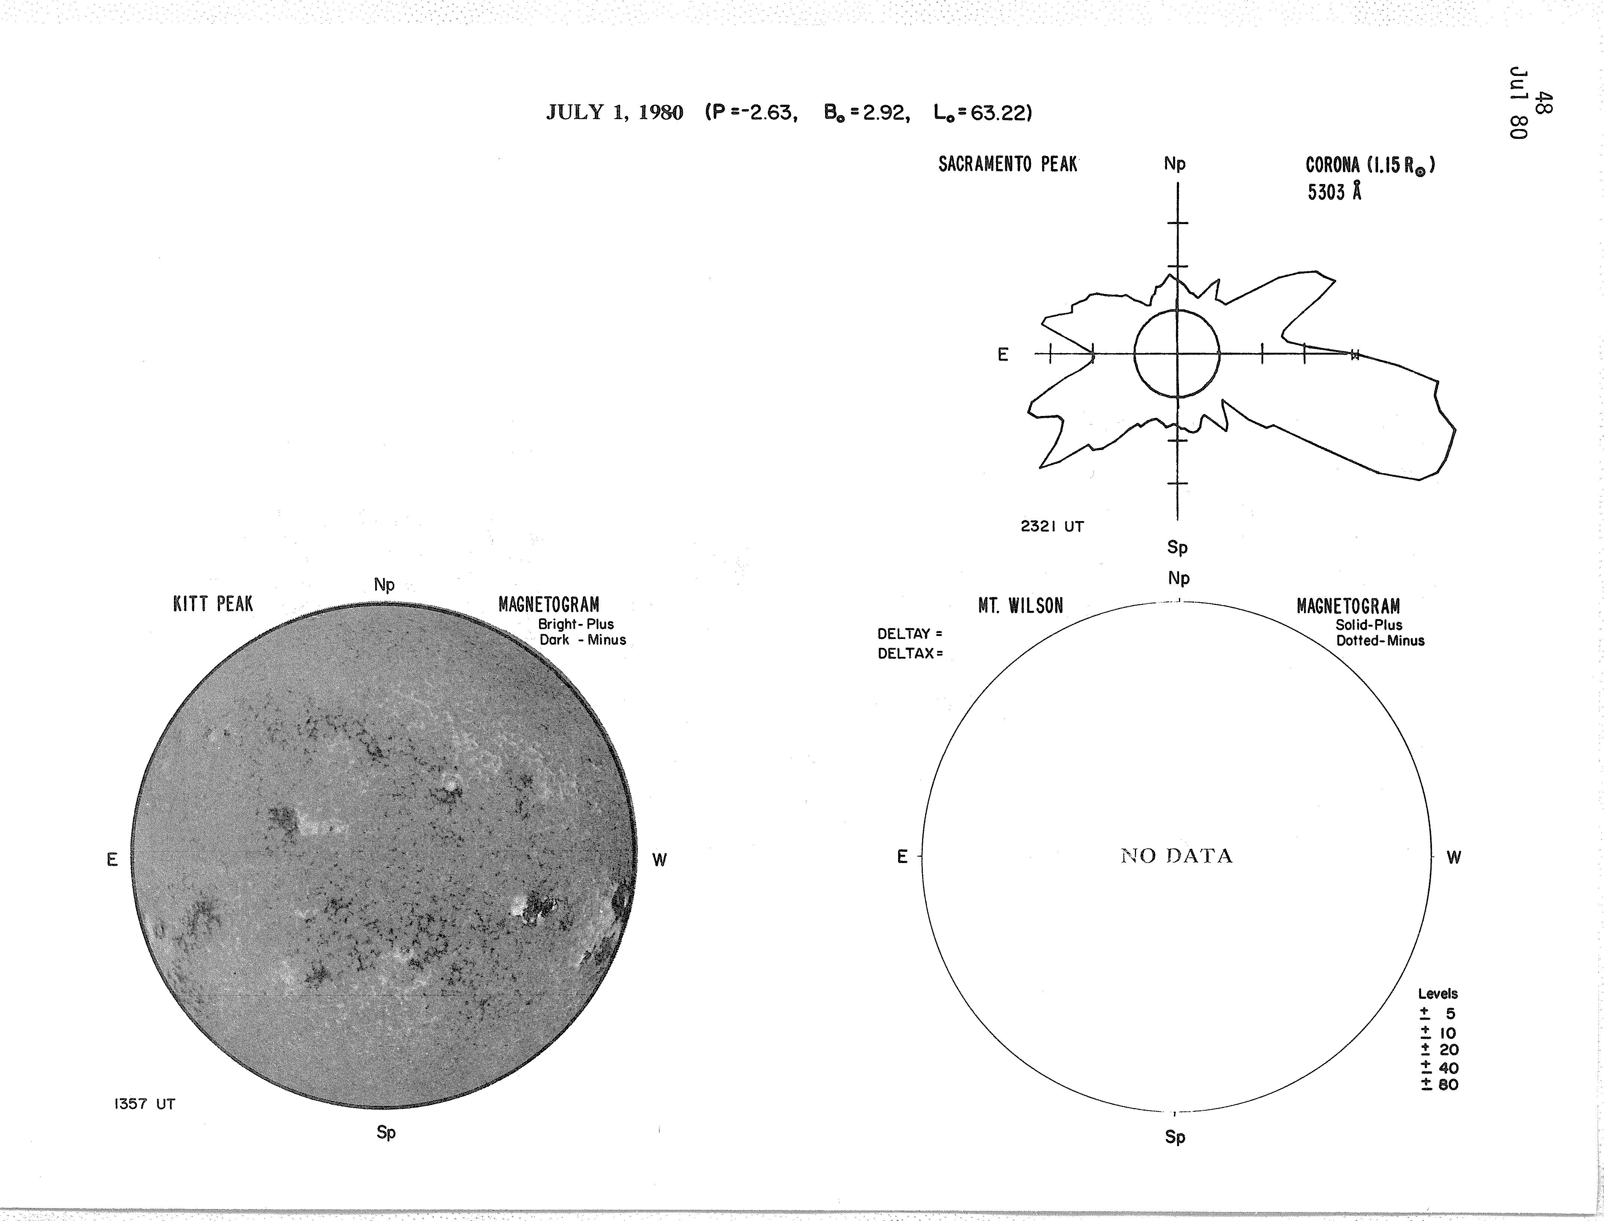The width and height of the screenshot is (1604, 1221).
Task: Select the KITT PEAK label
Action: [213, 604]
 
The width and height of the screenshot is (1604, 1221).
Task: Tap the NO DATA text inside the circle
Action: [1177, 856]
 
